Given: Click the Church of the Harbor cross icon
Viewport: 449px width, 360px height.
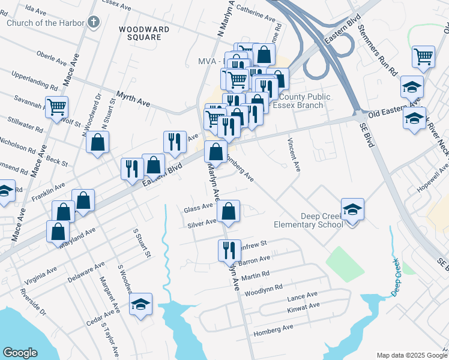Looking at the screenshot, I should click(92, 23).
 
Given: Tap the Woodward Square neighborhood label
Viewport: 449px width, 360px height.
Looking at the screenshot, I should click(140, 33).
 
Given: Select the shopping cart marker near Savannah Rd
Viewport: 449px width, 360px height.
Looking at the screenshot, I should click(56, 107).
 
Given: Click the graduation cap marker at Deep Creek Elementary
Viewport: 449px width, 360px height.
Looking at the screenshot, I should click(353, 210).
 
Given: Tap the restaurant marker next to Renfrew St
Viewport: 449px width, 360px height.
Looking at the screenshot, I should click(228, 250).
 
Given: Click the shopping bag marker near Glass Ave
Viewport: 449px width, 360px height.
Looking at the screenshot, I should click(228, 211).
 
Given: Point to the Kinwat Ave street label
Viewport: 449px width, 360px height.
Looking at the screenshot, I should click(303, 306).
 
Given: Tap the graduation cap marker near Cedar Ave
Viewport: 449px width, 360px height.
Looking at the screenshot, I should click(140, 304).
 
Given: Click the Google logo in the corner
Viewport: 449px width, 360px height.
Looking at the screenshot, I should click(20, 353).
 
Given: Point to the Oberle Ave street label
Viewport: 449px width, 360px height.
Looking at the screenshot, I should click(52, 61).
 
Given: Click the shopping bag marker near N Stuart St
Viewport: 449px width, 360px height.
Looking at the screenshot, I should click(97, 143).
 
